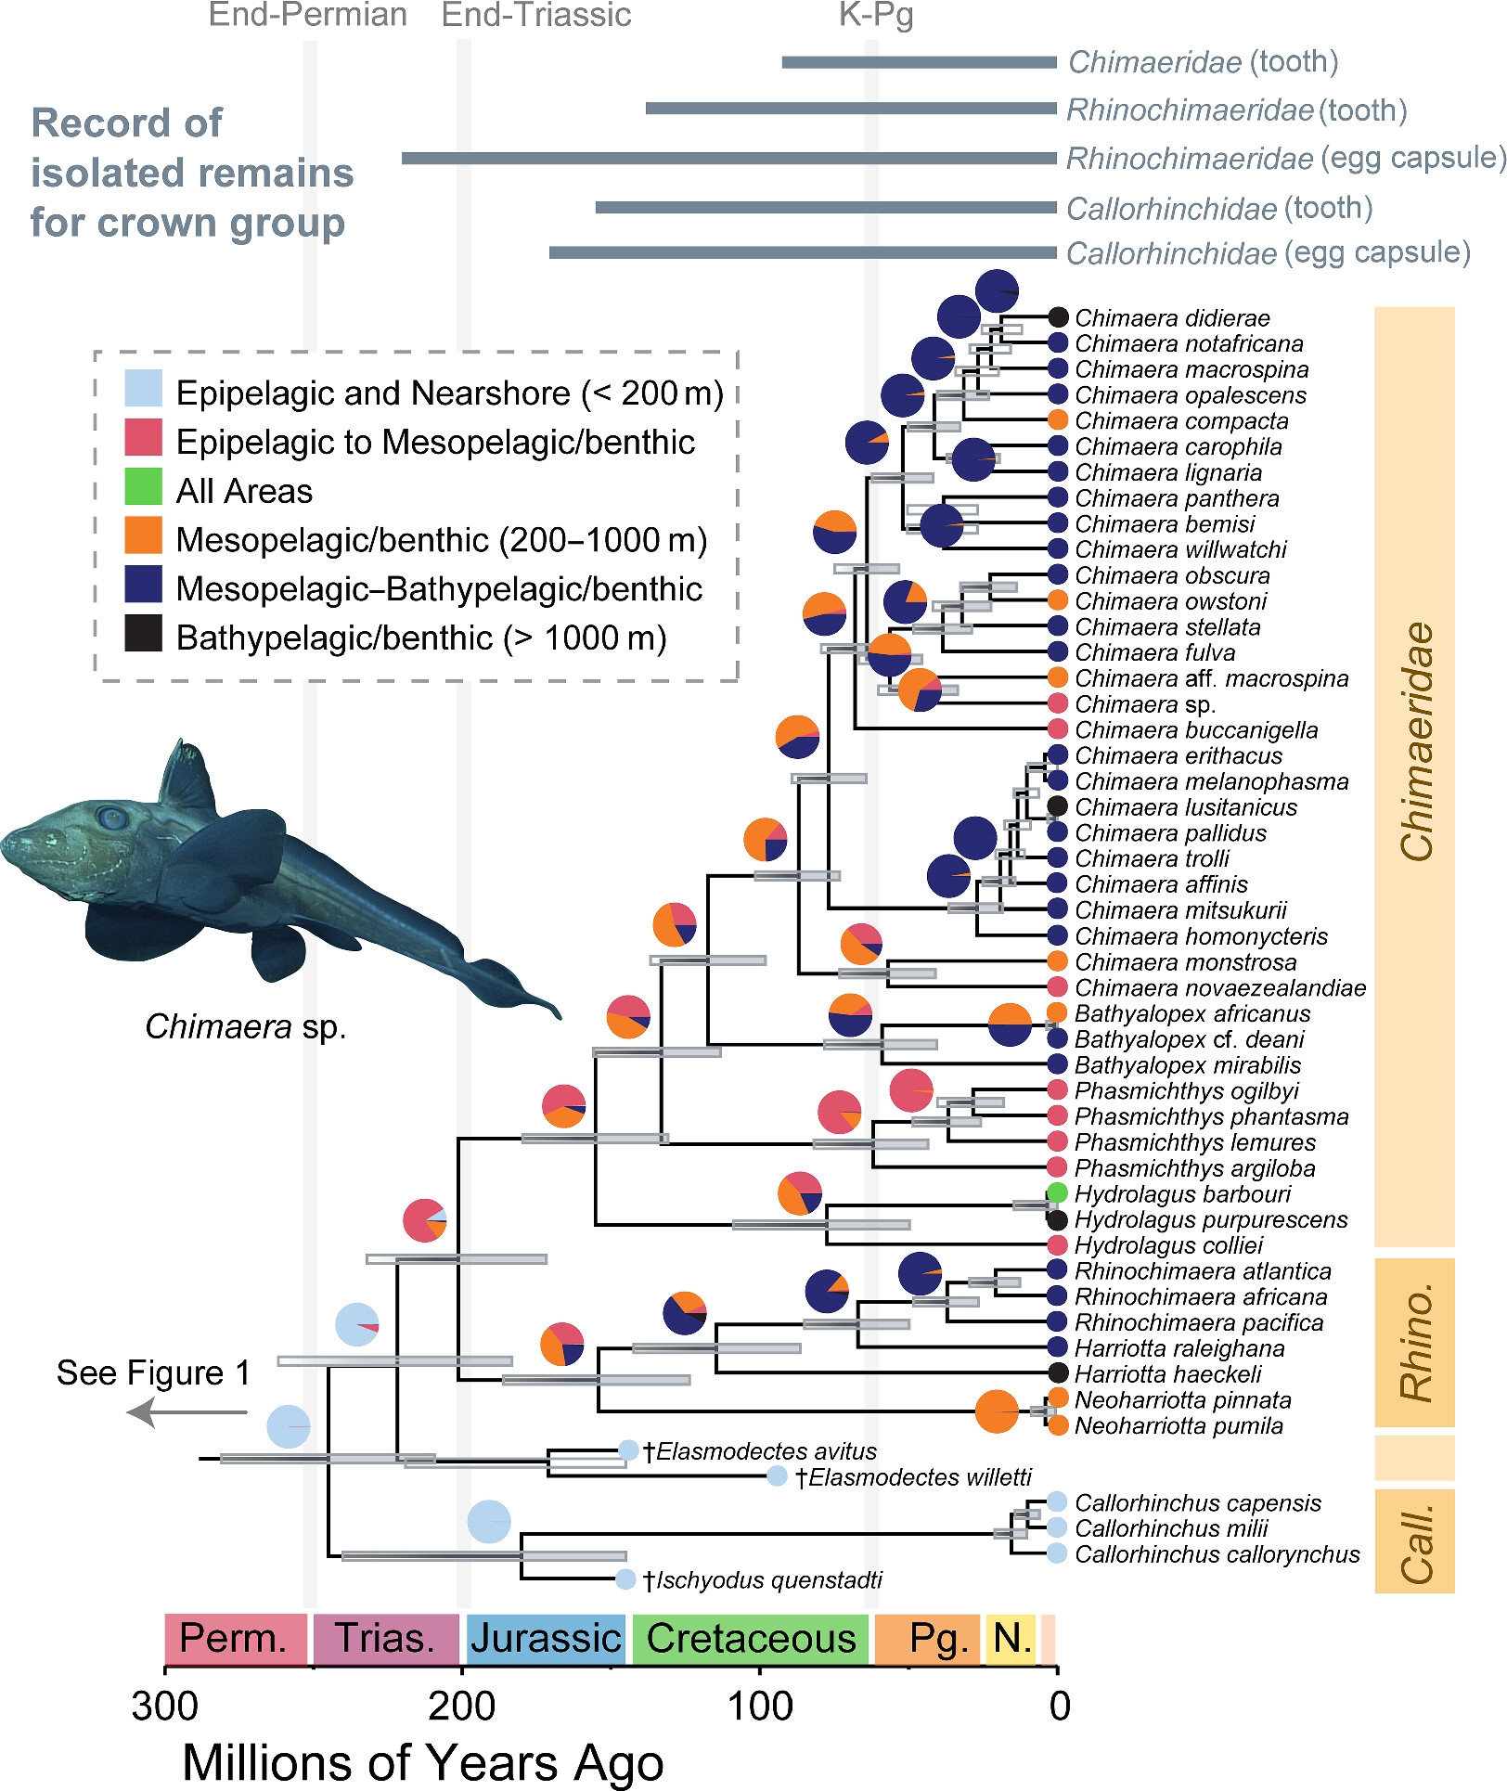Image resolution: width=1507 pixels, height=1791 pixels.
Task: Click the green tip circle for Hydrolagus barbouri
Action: point(1056,1192)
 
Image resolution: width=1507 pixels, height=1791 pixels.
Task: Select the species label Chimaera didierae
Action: point(1172,318)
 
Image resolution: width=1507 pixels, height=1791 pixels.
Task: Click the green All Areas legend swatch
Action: point(144,488)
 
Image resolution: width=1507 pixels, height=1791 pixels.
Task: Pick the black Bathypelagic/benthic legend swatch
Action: point(144,635)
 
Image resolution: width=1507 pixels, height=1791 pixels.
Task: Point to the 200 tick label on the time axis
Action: point(462,1706)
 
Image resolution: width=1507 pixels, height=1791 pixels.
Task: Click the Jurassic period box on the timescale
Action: point(545,1639)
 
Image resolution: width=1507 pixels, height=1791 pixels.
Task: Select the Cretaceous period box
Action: point(750,1639)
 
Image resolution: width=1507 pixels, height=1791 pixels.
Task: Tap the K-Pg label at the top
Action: point(876,15)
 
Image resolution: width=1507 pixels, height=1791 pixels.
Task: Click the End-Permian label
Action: point(308,15)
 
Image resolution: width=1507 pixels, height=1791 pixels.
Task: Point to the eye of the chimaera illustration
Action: point(112,818)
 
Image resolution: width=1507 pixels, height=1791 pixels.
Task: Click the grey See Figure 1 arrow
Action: point(186,1412)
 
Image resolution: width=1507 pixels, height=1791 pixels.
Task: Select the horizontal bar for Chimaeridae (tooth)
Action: point(919,62)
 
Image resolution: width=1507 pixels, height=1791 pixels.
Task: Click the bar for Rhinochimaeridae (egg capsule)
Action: point(728,159)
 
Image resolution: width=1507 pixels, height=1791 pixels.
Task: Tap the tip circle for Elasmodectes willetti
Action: point(778,1476)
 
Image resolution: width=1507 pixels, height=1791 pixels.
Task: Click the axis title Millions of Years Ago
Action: point(423,1761)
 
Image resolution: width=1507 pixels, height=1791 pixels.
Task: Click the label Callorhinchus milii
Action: point(1171,1527)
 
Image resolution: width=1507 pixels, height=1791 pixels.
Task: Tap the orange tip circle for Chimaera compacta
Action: point(1057,420)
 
